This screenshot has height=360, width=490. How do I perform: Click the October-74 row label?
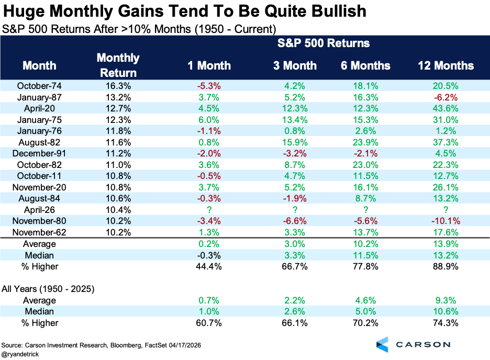[39, 86]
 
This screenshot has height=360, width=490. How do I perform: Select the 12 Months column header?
[446, 65]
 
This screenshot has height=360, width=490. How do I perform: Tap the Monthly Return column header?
[118, 65]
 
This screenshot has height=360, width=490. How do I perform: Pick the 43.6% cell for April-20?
[446, 108]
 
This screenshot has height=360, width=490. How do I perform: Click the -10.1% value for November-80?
[446, 221]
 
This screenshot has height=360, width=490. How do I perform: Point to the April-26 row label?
[39, 210]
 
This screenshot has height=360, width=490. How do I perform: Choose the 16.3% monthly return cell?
[118, 86]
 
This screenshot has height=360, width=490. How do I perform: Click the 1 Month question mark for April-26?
[209, 210]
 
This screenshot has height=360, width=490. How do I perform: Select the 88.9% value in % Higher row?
[446, 267]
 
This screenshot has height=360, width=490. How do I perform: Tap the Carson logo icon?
[383, 345]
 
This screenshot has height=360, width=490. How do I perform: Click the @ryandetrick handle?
[20, 354]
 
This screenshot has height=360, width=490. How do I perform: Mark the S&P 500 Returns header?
[324, 43]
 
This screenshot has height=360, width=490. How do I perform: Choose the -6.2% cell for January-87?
[446, 97]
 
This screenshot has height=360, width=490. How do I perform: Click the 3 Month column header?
[295, 65]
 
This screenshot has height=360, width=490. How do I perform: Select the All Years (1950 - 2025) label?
[48, 289]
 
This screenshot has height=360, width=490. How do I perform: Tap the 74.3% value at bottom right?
[446, 323]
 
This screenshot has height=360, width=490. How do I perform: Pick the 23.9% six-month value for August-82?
[365, 142]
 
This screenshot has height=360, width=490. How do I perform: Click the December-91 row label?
[39, 154]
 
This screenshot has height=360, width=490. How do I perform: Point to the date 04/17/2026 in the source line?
[185, 345]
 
